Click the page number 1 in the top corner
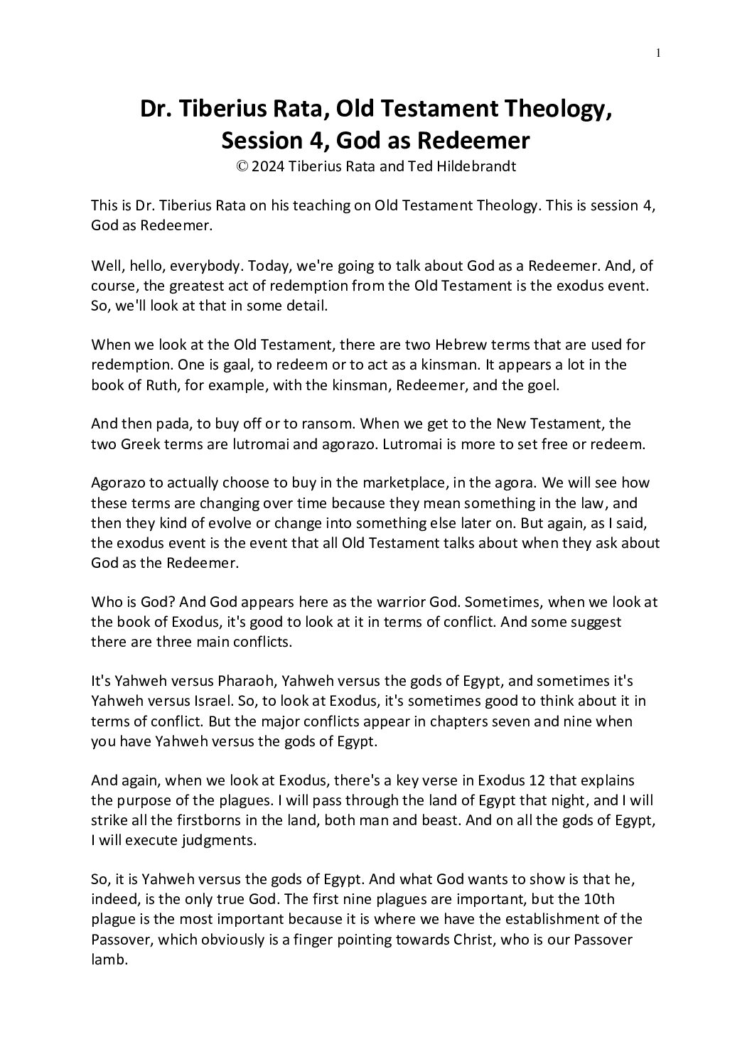coord(659,52)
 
